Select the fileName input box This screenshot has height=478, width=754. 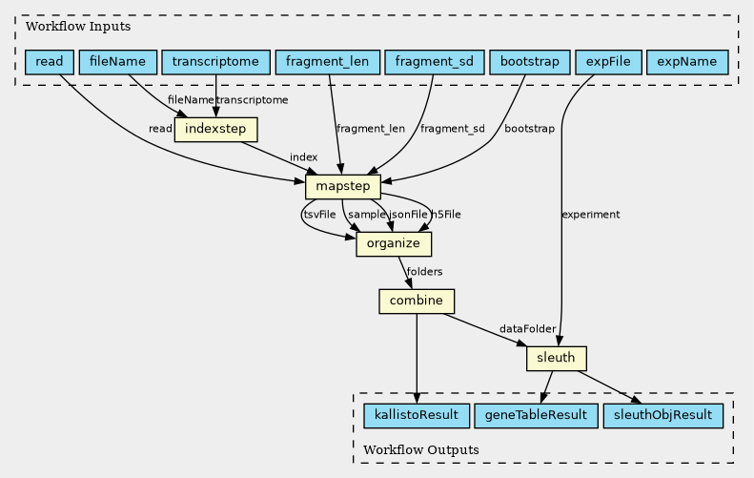tap(117, 62)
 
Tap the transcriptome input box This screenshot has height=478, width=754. tap(214, 62)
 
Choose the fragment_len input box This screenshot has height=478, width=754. tap(328, 62)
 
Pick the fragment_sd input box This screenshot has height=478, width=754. tap(436, 62)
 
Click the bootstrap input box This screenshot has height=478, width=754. tap(530, 62)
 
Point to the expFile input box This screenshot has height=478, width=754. tap(608, 62)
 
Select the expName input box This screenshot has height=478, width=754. tap(687, 62)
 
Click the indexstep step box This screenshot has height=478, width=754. tap(216, 129)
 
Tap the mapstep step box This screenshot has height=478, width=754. tap(343, 187)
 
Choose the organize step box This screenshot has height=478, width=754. tap(394, 244)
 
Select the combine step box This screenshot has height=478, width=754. tap(417, 301)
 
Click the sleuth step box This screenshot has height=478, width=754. tap(556, 359)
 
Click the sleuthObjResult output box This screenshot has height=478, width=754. tap(662, 416)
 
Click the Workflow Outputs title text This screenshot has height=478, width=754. tap(421, 449)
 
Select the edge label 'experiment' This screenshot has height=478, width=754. tap(591, 215)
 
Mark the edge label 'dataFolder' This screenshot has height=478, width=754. tap(527, 330)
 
